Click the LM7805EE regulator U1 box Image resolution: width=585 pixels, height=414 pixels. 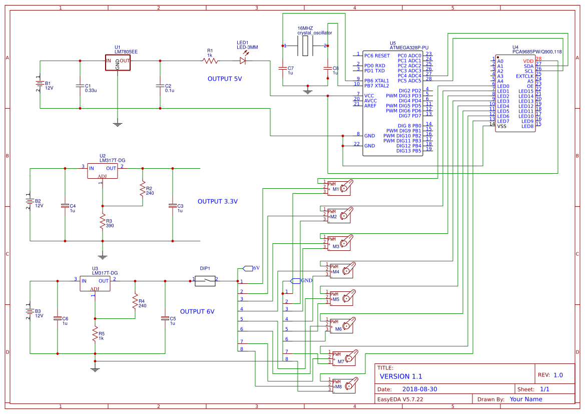click(x=118, y=62)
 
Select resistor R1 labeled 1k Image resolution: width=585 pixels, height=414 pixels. click(x=210, y=61)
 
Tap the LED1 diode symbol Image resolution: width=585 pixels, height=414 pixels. click(x=243, y=61)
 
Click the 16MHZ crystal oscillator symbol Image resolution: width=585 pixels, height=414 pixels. click(x=305, y=46)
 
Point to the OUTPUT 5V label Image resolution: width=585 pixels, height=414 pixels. click(x=225, y=79)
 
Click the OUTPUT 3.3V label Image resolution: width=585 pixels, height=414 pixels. click(x=218, y=201)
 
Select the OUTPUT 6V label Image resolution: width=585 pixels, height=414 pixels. click(x=197, y=311)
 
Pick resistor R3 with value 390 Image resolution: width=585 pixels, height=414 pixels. click(x=103, y=221)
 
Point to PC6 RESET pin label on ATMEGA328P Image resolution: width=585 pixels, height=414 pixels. click(x=377, y=56)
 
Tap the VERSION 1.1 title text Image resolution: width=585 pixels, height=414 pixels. click(x=401, y=376)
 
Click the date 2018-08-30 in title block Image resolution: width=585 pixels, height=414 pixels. click(x=419, y=389)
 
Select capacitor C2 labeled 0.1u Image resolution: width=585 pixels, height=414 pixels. click(x=160, y=86)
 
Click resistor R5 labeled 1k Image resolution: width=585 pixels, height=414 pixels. click(x=95, y=334)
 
